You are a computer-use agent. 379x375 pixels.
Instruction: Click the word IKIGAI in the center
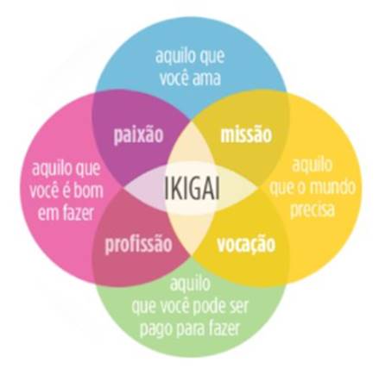[x=193, y=188]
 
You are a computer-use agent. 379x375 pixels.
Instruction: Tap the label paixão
[x=138, y=134]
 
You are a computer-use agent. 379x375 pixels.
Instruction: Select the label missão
[x=246, y=134]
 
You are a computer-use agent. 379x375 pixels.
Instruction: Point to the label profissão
[x=138, y=245]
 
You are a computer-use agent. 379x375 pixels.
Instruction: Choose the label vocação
[x=246, y=244]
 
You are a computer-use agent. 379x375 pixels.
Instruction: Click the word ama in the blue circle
[x=206, y=78]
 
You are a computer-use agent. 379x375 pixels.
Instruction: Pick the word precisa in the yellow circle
[x=313, y=209]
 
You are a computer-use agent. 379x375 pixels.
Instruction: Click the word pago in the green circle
[x=155, y=328]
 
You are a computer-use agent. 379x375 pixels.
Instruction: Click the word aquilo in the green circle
[x=190, y=283]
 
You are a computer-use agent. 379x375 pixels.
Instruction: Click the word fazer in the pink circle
[x=78, y=213]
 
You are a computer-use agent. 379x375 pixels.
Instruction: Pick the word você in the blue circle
[x=174, y=78]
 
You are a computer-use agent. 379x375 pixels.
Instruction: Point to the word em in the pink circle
[x=48, y=214]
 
